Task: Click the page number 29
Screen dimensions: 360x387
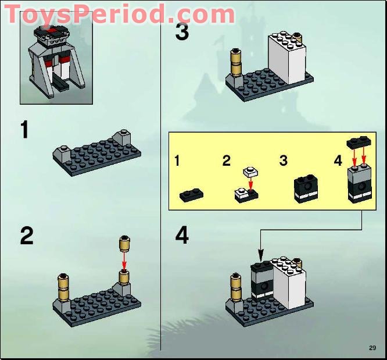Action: coord(372,348)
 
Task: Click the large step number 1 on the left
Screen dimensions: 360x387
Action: coord(24,130)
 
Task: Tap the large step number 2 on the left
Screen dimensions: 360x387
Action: coord(26,236)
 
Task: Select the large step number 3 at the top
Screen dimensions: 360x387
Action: coord(182,31)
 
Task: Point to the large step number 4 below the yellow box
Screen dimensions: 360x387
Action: coord(182,236)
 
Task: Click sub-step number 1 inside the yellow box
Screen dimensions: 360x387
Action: coord(177,161)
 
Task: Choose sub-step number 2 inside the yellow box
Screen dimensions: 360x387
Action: coord(226,161)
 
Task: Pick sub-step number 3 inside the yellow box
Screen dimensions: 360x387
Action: coord(283,161)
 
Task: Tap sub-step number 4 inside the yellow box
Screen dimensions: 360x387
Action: coord(338,161)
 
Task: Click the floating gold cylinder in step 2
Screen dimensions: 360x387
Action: coord(123,244)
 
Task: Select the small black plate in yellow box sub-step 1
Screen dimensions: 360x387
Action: coord(191,195)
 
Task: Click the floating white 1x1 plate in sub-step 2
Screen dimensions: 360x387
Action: coord(250,172)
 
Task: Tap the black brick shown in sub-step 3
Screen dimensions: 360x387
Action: coord(305,188)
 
